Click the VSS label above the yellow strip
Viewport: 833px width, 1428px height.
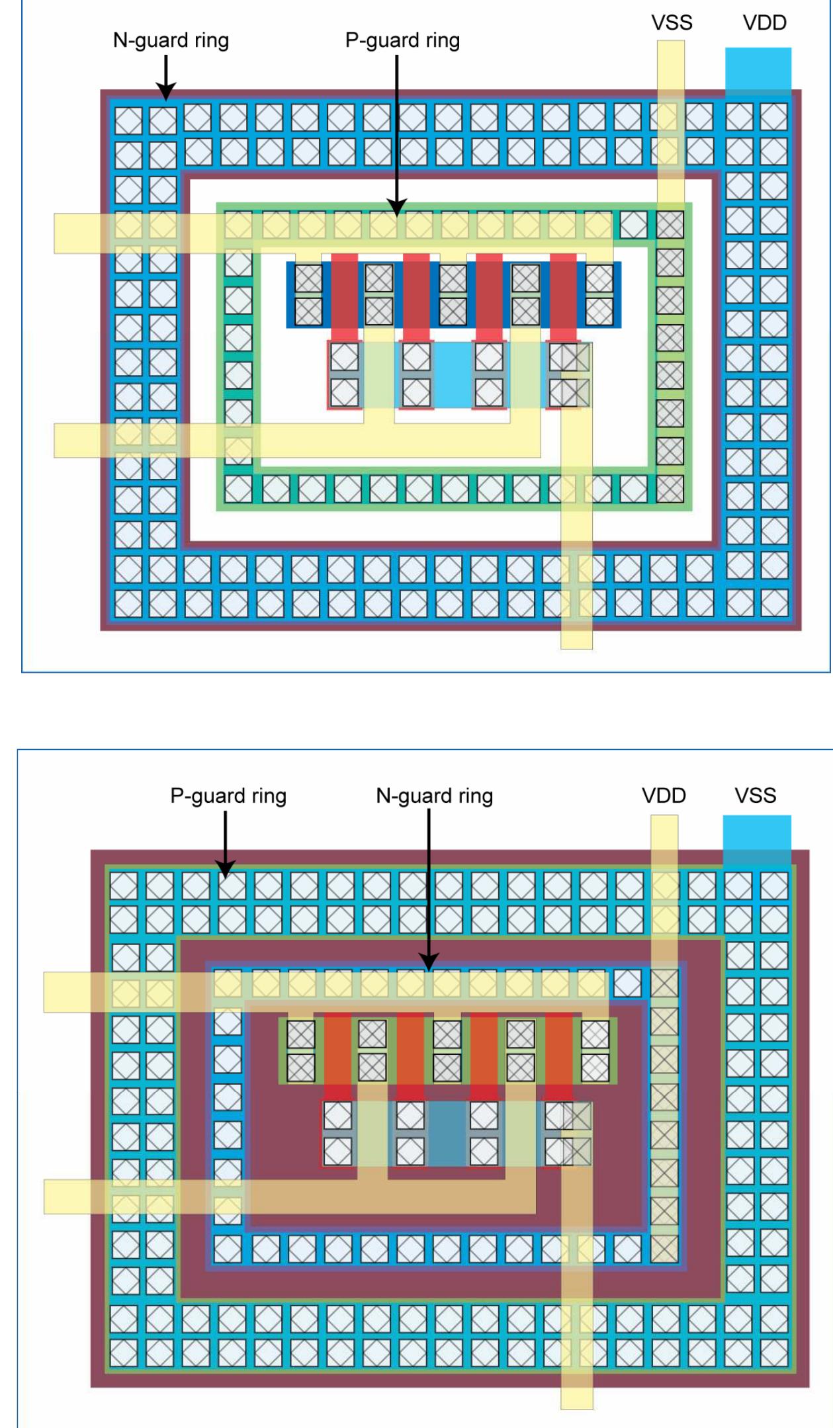672,23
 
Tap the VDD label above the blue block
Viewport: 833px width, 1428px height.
764,23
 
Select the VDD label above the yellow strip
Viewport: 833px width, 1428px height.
664,795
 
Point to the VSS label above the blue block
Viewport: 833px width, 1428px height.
755,795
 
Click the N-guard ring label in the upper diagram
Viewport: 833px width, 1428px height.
171,40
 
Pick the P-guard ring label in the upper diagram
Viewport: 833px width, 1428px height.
402,40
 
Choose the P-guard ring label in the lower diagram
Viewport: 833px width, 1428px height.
228,796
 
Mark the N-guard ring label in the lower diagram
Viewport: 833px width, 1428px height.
434,796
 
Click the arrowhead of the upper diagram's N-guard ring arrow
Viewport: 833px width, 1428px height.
165,93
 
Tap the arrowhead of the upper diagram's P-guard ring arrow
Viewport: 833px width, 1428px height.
397,209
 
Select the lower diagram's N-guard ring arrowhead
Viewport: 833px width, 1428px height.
429,963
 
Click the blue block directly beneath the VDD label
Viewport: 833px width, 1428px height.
758,69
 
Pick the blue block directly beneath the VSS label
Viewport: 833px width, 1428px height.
756,839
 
